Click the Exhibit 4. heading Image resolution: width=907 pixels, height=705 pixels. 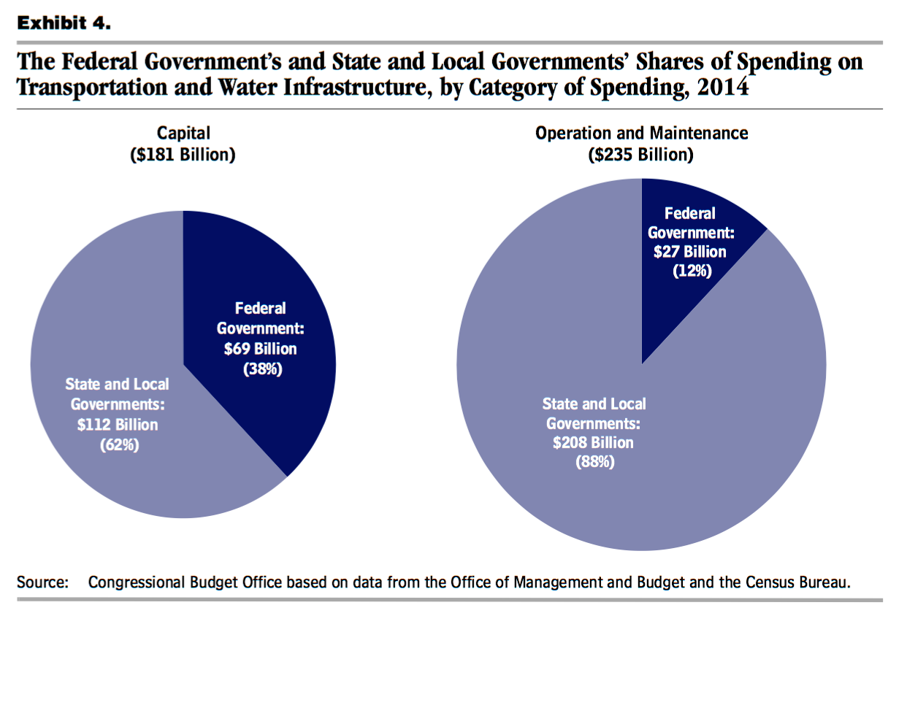[64, 23]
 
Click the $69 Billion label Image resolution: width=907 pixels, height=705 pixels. [260, 349]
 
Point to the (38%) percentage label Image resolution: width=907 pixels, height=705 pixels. [262, 369]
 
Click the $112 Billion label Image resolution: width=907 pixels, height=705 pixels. [118, 425]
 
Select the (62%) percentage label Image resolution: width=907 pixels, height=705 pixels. [119, 444]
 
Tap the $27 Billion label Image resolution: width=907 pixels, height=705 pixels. [690, 252]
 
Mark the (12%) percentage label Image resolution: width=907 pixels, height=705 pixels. [692, 271]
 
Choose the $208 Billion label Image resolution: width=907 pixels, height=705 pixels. [593, 442]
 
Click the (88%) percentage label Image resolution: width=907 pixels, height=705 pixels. [594, 461]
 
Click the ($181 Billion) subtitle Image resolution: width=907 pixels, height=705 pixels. [183, 155]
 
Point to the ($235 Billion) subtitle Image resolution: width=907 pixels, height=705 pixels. [640, 155]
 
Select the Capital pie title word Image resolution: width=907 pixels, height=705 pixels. [183, 133]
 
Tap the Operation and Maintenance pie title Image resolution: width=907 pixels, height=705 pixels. [641, 133]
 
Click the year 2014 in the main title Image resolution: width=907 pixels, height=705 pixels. [722, 88]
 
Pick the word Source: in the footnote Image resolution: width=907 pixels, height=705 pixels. [42, 582]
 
